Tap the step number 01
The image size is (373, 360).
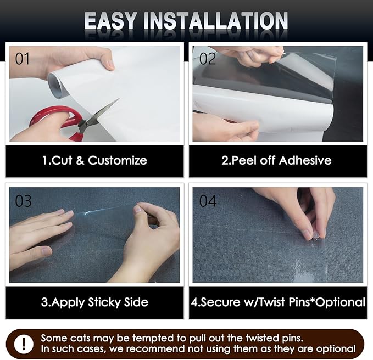(23, 58)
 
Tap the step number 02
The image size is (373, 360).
(207, 58)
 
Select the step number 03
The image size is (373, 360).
(24, 201)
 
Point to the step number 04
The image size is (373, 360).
(208, 201)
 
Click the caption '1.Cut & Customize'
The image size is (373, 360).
(94, 161)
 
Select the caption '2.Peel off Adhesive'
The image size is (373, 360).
(276, 161)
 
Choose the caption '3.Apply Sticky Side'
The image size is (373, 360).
(94, 302)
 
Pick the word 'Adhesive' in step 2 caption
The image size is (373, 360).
(305, 161)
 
